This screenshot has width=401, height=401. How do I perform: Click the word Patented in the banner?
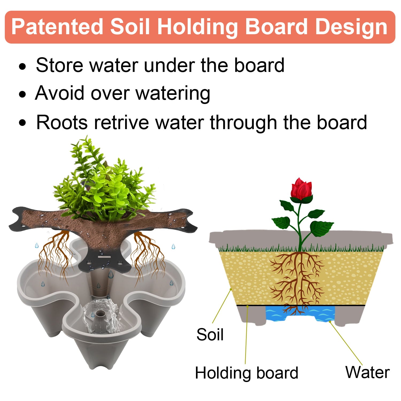point(57,27)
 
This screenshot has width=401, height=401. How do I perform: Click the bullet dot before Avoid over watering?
point(23,94)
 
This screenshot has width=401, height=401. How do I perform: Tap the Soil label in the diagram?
point(210,334)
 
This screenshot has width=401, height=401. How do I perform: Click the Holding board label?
point(246,373)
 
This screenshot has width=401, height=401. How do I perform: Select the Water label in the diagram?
point(367,372)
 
